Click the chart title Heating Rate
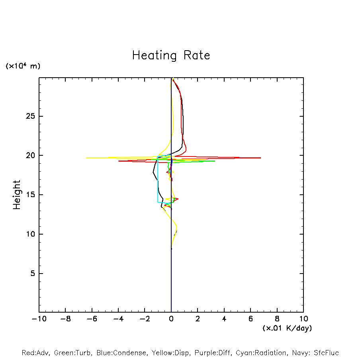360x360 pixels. (x=171, y=55)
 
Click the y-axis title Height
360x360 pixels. (x=17, y=195)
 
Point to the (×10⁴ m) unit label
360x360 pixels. (x=23, y=66)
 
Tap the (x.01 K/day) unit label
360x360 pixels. (x=287, y=328)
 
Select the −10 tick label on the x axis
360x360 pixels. (x=39, y=319)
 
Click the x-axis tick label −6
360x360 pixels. (x=92, y=319)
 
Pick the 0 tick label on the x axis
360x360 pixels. (x=171, y=319)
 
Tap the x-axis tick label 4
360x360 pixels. (x=224, y=319)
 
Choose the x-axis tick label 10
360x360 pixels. (x=303, y=319)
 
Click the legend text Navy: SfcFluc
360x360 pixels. (x=315, y=353)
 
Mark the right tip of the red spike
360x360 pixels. (x=261, y=158)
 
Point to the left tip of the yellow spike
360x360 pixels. (x=86, y=158)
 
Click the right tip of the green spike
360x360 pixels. (x=215, y=161)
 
